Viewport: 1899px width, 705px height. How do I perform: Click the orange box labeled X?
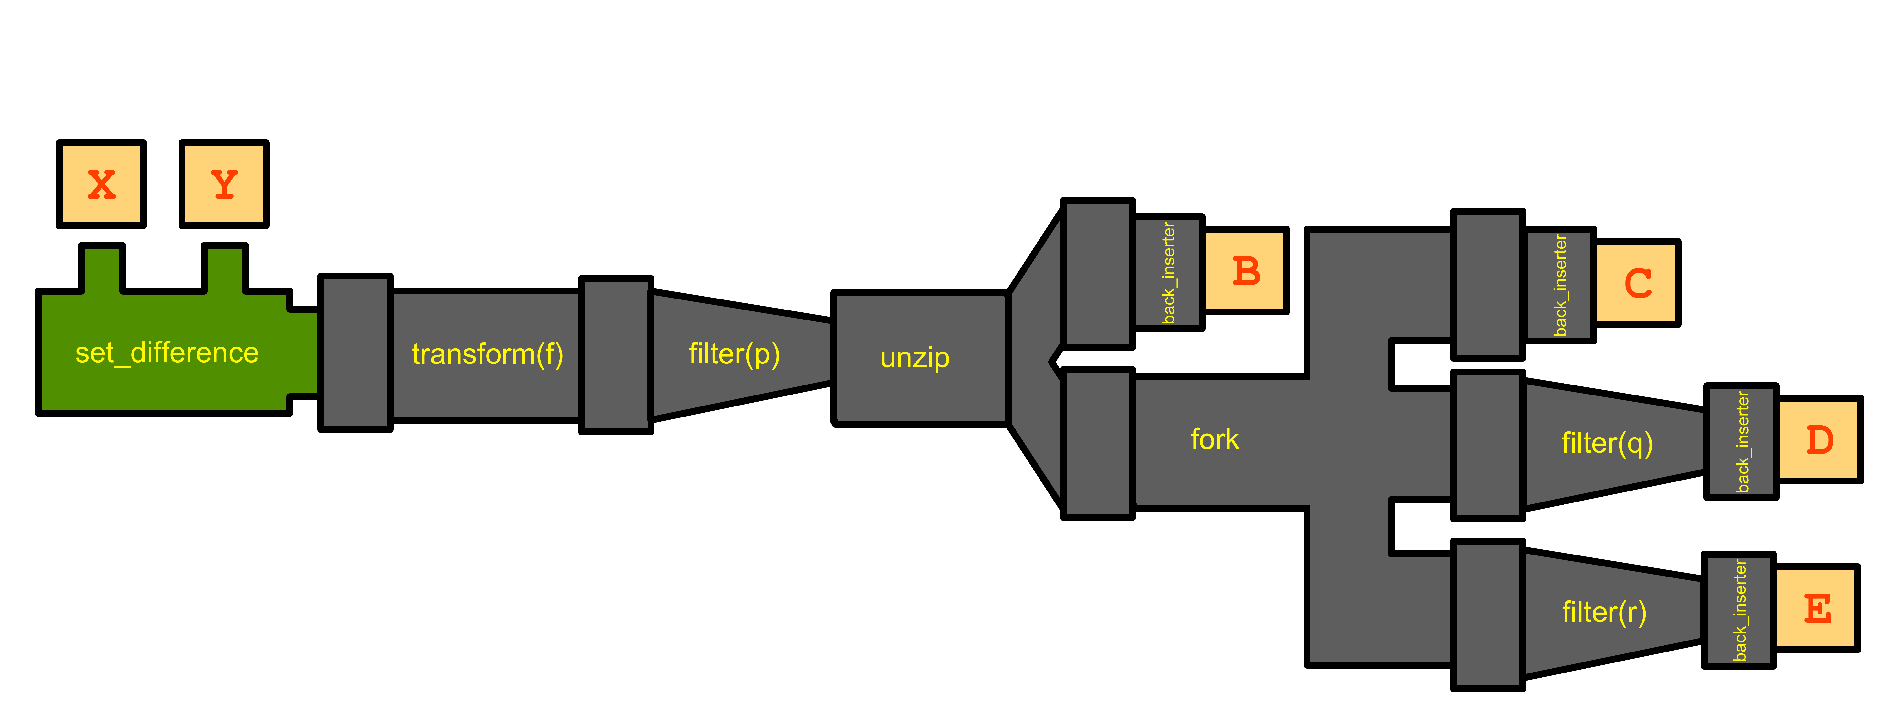101,184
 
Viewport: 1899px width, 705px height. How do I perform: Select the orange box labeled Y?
223,184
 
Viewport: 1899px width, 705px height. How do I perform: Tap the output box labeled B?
1244,270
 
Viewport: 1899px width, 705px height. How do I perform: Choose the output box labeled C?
1635,283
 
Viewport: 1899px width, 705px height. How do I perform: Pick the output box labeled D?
1818,440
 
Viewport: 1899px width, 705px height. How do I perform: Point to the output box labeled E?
1815,609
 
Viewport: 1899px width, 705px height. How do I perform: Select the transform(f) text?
487,354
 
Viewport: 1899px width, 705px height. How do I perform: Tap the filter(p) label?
734,354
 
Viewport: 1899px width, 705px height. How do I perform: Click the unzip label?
915,358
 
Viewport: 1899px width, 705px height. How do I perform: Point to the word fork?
1214,440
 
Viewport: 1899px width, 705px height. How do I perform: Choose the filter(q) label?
1607,443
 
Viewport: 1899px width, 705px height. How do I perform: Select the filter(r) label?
1604,612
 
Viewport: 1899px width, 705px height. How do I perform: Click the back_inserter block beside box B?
1167,273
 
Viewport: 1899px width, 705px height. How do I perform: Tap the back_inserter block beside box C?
1558,285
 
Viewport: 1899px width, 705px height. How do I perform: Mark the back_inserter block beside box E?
1738,610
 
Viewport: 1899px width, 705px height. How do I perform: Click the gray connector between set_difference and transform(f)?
355,352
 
